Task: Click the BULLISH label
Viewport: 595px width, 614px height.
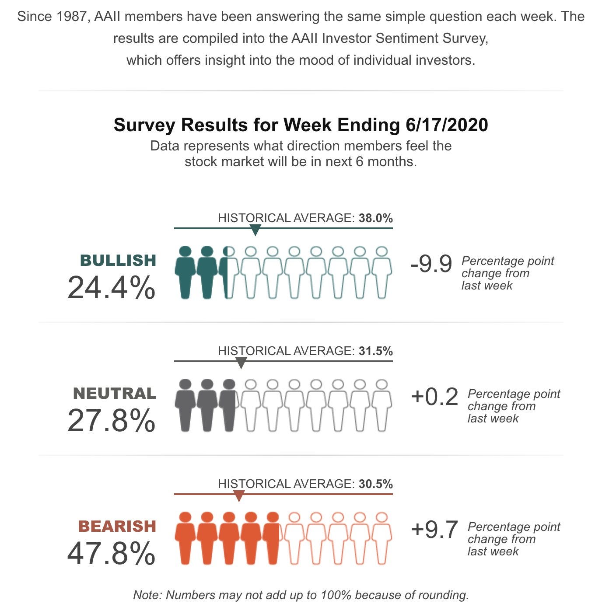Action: (118, 260)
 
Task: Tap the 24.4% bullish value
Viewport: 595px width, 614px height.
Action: (111, 288)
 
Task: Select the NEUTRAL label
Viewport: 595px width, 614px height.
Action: (115, 393)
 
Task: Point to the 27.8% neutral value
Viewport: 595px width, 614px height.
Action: (111, 421)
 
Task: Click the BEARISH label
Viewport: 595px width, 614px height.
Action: (117, 526)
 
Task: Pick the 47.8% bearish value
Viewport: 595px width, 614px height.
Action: (111, 554)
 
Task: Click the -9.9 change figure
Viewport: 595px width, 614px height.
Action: (431, 264)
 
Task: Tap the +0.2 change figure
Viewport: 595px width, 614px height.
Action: (434, 397)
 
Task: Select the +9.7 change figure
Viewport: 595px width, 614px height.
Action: (434, 530)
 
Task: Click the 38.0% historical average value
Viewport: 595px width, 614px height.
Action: (375, 218)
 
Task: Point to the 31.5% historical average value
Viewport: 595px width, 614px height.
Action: (375, 351)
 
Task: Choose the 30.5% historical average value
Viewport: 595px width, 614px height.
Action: (375, 484)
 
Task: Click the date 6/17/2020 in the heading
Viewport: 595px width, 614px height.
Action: (447, 125)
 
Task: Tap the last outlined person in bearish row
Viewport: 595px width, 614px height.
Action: (381, 538)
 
